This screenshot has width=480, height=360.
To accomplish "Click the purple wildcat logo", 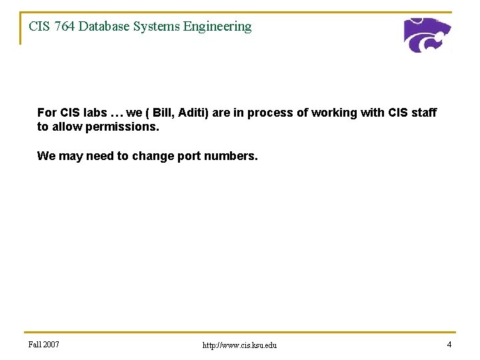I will click(427, 35).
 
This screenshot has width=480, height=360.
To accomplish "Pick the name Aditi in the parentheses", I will click(193, 113).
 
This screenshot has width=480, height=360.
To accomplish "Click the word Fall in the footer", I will click(35, 345).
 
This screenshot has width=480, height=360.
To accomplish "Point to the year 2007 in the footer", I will click(51, 345).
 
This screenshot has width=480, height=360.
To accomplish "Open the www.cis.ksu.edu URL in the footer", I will click(239, 345).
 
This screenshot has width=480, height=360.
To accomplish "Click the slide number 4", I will click(449, 345).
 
